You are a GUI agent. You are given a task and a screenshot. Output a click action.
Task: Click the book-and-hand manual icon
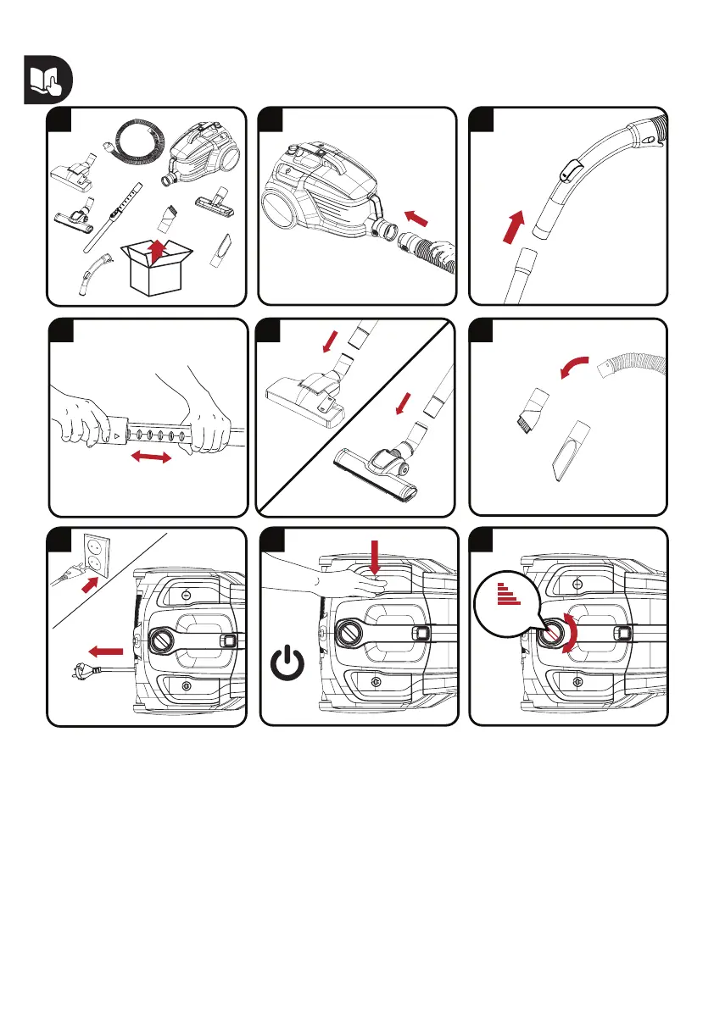47,81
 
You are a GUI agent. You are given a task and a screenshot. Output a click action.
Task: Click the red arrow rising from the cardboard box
154,247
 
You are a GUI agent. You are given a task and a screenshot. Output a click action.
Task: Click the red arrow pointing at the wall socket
89,583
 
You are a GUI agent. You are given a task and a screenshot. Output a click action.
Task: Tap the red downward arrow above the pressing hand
374,559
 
